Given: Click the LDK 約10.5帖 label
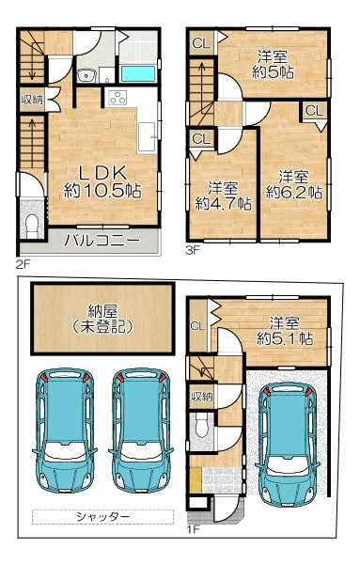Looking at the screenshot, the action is [102, 182].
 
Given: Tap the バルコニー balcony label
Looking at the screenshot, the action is [102, 241].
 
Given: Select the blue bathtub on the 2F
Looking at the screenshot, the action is [138, 73].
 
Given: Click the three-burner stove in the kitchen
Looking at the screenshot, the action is [117, 98].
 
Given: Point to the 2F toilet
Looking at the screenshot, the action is [32, 226].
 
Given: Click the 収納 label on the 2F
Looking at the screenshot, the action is [32, 100].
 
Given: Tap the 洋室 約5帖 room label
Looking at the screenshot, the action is [273, 65].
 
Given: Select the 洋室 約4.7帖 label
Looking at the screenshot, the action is [223, 196].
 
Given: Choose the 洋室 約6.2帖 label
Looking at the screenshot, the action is [294, 184].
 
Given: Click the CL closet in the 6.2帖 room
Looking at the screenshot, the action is [315, 111].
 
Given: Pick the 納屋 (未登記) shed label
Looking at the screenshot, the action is [102, 319].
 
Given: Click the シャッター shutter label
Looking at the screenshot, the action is [102, 517].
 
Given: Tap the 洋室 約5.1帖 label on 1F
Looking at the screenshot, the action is [285, 331].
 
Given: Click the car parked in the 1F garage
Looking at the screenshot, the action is [287, 444].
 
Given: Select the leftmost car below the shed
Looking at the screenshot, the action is [65, 431].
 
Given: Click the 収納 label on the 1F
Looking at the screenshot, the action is [202, 397].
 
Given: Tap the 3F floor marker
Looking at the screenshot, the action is [193, 250].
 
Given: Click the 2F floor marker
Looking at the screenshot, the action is [23, 264].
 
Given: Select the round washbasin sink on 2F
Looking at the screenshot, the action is [86, 75].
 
